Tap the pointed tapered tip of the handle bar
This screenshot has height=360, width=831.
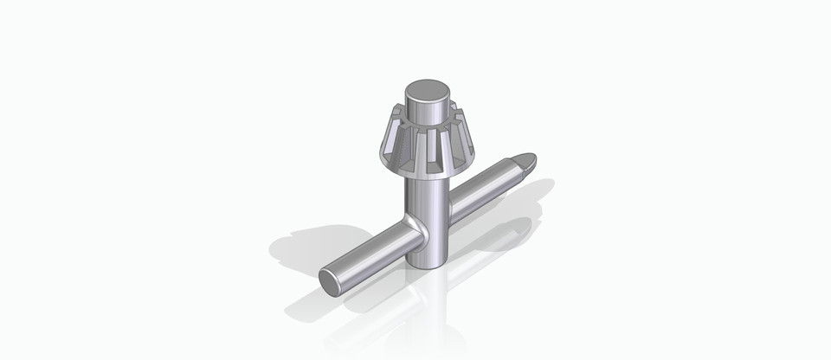point(527,161)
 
